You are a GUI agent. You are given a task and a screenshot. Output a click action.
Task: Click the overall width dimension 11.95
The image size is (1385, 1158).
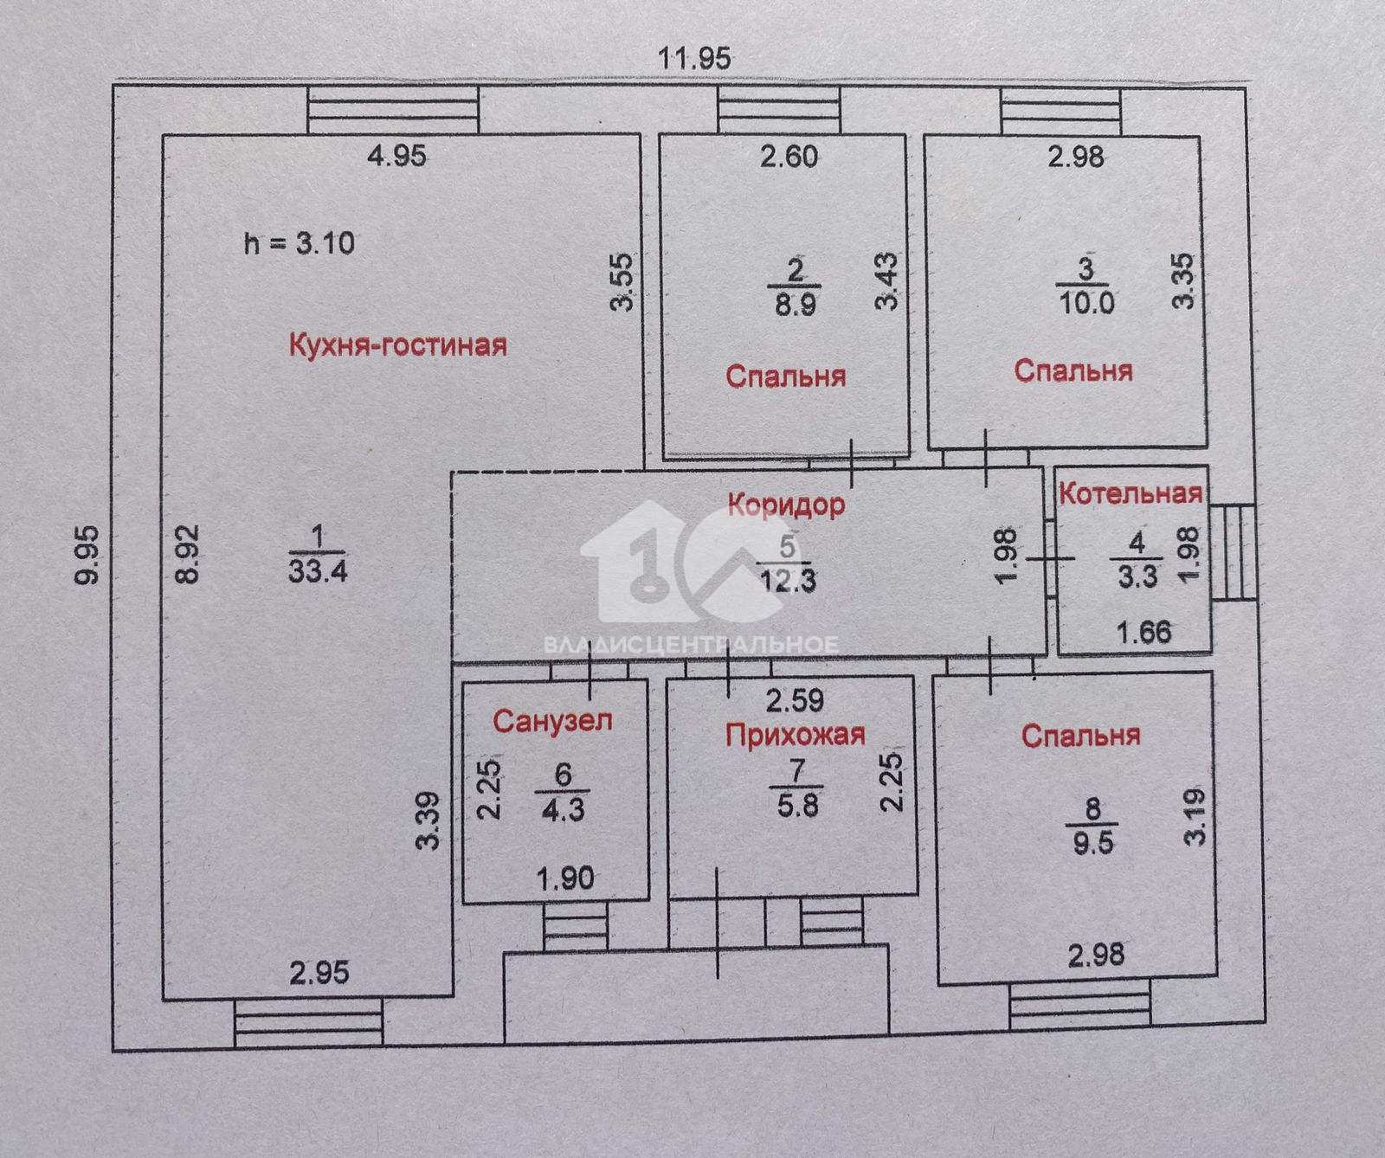tap(694, 58)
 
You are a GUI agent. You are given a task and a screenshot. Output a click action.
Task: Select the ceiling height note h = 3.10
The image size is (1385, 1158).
tap(300, 243)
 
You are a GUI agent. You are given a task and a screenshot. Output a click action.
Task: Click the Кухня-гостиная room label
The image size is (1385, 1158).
tap(397, 345)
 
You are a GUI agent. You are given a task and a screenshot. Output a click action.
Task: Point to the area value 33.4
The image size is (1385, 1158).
tap(318, 571)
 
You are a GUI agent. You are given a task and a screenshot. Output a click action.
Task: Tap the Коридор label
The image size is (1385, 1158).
tap(786, 504)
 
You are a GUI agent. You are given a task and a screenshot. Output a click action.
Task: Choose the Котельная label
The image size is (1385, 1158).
tap(1131, 493)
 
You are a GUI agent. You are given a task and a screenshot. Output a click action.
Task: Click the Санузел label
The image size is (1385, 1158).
tap(553, 721)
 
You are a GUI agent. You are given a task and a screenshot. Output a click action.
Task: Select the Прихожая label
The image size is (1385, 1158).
tap(795, 735)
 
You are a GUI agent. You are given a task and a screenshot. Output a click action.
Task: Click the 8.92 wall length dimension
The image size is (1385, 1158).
tap(190, 554)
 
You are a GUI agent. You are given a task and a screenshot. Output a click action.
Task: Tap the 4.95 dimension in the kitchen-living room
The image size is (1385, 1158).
tap(397, 157)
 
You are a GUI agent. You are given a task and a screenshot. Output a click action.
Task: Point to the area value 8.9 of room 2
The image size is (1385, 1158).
tap(795, 305)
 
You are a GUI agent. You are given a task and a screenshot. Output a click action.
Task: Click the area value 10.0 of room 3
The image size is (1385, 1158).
tap(1086, 303)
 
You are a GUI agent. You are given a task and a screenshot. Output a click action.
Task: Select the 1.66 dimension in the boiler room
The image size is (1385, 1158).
tap(1144, 632)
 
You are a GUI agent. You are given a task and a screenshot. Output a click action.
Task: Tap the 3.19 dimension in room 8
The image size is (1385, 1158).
tap(1195, 816)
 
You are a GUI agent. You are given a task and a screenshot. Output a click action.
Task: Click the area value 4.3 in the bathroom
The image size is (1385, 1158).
tap(563, 809)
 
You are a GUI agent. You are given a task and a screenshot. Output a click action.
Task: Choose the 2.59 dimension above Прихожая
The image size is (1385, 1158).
tap(795, 699)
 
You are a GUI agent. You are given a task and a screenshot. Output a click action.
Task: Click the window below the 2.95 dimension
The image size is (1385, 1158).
tap(309, 1022)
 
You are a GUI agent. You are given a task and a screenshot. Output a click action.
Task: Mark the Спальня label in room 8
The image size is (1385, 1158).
tap(1080, 737)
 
